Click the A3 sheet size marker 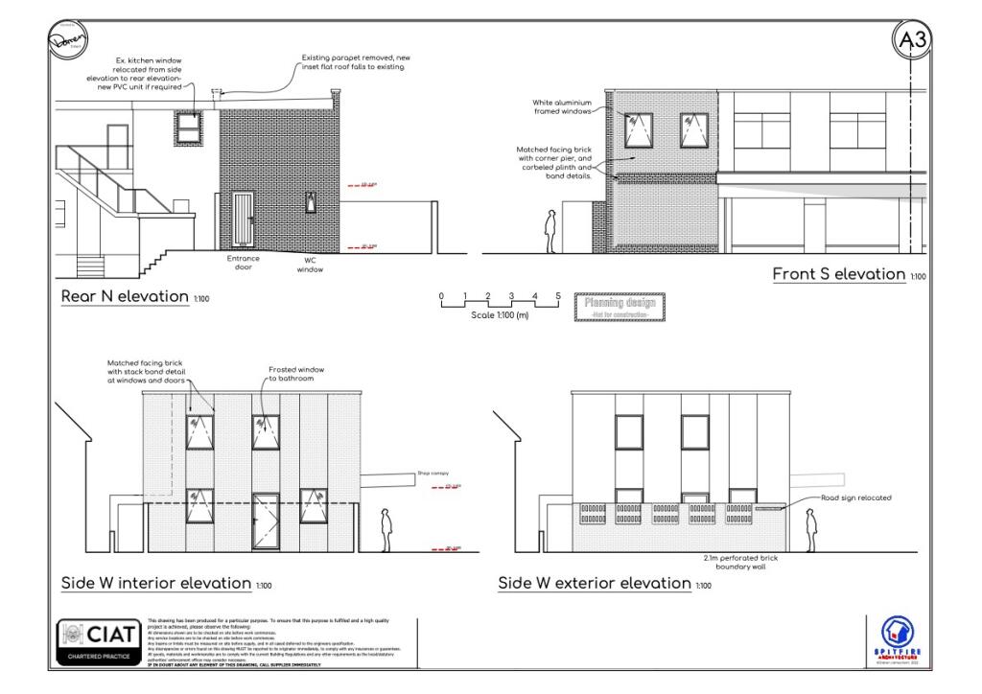(912, 40)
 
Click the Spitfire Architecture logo (898, 639)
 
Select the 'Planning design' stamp (620, 307)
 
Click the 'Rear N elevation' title (125, 296)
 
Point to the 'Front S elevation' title (838, 274)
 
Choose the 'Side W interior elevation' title (155, 583)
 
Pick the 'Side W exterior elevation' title (594, 583)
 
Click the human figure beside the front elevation (550, 230)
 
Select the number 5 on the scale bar (558, 296)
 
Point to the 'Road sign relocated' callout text (855, 498)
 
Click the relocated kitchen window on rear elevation (188, 127)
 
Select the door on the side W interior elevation (266, 520)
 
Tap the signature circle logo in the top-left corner (68, 41)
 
